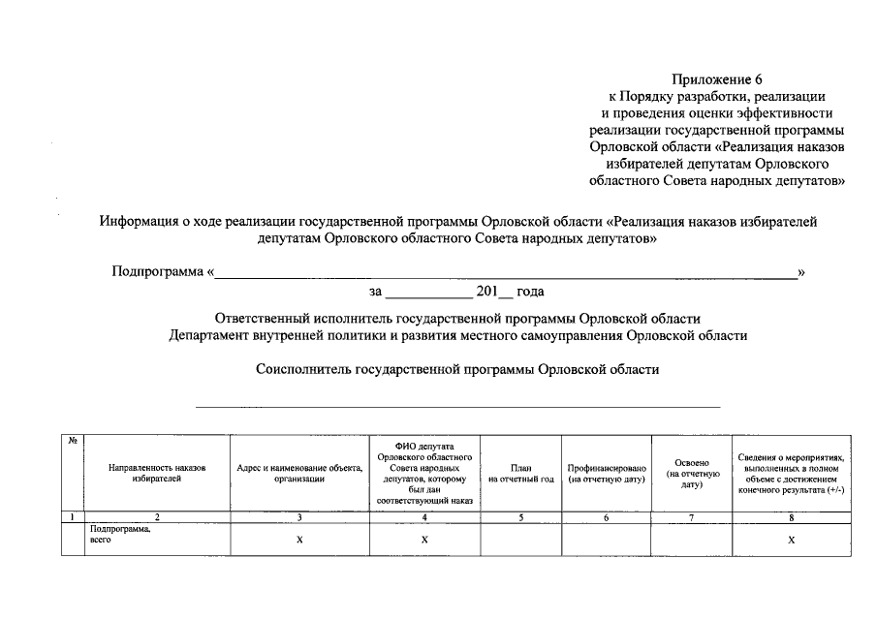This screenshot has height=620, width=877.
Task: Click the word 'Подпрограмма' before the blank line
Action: tap(157, 272)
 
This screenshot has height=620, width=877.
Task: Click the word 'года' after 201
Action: tap(530, 291)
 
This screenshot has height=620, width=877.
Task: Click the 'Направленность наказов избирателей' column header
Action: tap(157, 472)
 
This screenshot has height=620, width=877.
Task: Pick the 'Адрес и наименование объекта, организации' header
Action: tap(299, 472)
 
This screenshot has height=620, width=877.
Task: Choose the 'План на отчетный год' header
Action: tap(520, 472)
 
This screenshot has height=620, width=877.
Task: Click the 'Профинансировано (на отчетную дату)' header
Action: tap(606, 472)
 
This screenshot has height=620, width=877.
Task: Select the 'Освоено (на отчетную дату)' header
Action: tap(692, 472)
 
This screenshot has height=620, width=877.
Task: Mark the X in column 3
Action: tap(299, 541)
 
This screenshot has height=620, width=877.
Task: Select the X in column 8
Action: tap(792, 541)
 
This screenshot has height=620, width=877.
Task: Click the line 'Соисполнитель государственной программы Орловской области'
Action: tap(457, 369)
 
